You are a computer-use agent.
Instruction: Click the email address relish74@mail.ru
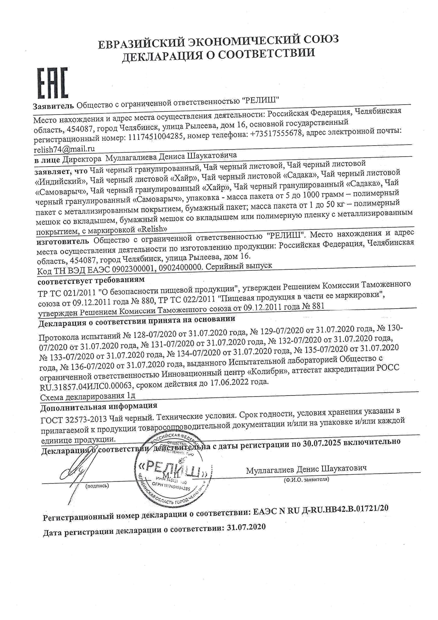click(x=64, y=149)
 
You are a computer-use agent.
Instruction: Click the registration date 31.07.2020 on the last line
click(x=247, y=527)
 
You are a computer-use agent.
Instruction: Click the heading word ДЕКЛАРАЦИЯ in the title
click(x=161, y=56)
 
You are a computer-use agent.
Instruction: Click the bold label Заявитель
click(x=53, y=106)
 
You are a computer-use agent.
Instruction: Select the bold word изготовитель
click(x=63, y=242)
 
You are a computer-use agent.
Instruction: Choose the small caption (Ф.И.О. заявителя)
click(x=306, y=480)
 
